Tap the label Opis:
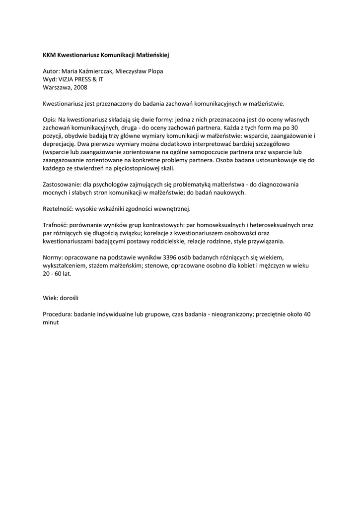[x=50, y=120]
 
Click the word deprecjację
[x=59, y=144]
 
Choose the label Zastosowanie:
[x=62, y=184]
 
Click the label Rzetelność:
[x=58, y=208]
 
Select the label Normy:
[x=53, y=257]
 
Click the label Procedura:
[x=57, y=314]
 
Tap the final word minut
[x=51, y=322]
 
